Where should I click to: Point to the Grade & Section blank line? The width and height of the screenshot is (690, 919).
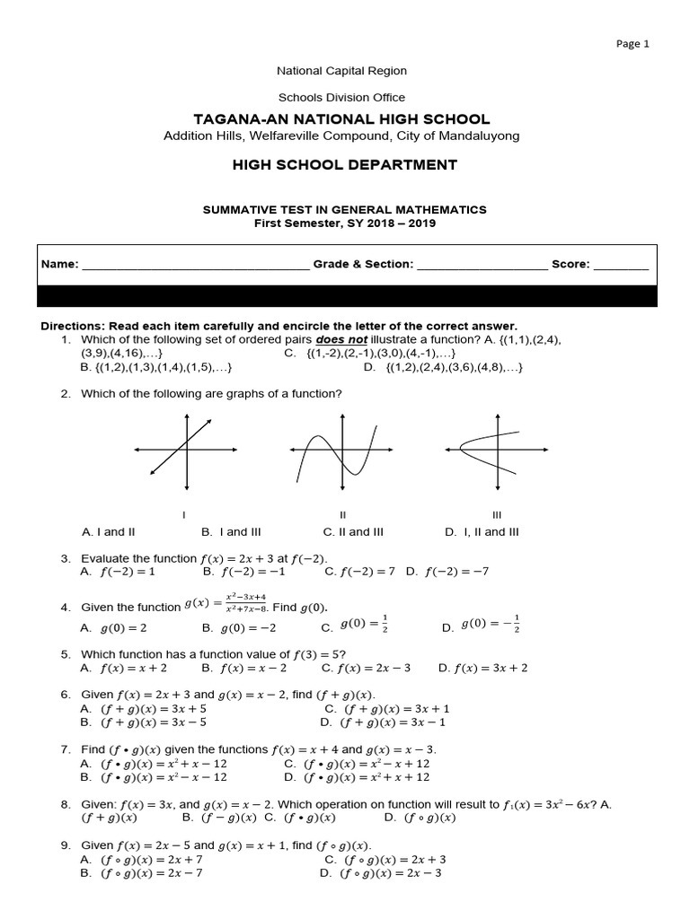tap(482, 266)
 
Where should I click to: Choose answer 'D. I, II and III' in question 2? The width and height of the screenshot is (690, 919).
tap(482, 532)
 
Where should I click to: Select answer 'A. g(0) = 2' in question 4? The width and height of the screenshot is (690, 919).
tap(114, 628)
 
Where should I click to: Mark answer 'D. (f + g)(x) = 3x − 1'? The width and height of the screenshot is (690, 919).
tap(383, 722)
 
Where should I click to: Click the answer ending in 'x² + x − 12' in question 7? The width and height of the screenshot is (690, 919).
tap(153, 764)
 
